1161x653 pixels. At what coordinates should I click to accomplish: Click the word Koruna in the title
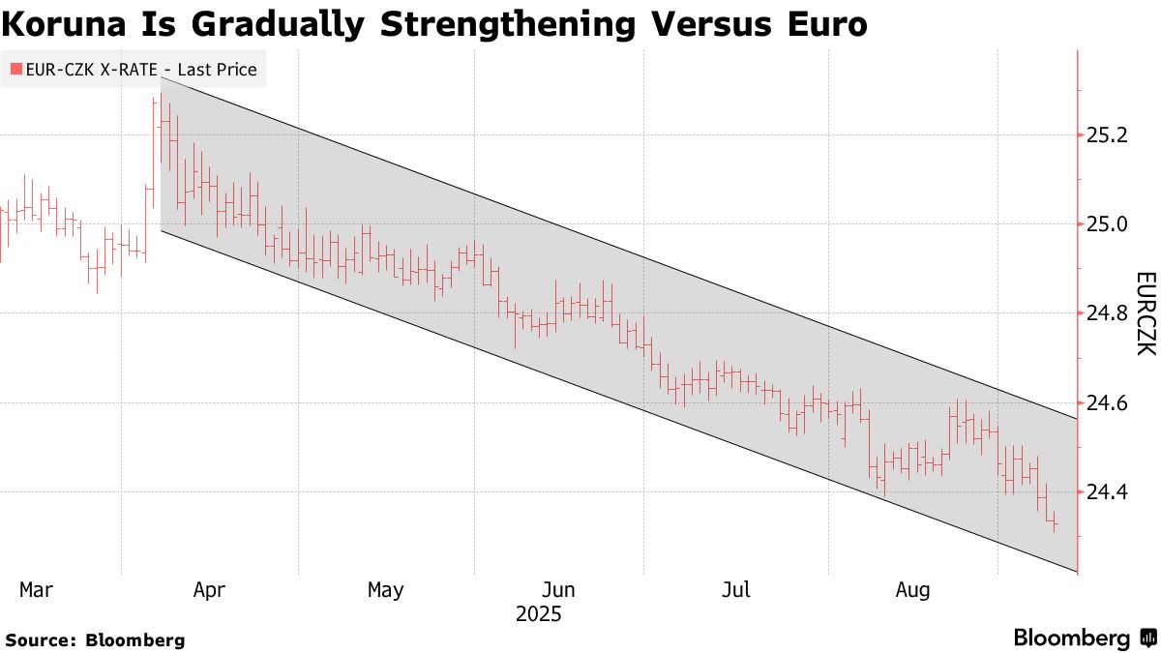click(x=68, y=24)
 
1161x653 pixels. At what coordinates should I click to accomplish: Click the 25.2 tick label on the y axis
click(x=1108, y=135)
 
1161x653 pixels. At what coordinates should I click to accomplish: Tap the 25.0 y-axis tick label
click(x=1108, y=224)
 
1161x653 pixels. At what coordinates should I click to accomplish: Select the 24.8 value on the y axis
click(x=1108, y=313)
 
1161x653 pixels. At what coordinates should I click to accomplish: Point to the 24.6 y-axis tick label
click(x=1108, y=402)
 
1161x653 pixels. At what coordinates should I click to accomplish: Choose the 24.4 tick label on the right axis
click(x=1108, y=491)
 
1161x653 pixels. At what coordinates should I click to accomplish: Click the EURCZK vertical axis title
click(x=1145, y=313)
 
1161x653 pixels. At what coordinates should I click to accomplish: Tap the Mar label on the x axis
click(x=37, y=589)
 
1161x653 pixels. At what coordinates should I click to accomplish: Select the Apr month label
click(x=210, y=589)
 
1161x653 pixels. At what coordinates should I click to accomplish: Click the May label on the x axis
click(x=385, y=589)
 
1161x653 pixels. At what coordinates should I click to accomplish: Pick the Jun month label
click(x=558, y=589)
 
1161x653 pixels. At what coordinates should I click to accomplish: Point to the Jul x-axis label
click(x=737, y=589)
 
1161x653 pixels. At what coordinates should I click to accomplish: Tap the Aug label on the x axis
click(x=913, y=589)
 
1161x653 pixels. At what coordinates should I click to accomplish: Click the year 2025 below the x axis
click(x=538, y=614)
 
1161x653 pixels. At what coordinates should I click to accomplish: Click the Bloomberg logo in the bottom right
click(x=1084, y=638)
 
